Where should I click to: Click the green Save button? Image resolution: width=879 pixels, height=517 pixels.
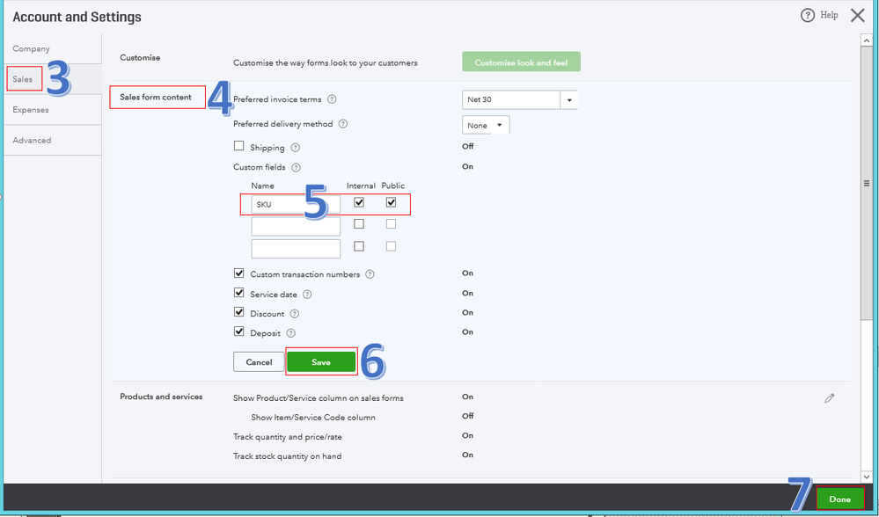click(x=321, y=362)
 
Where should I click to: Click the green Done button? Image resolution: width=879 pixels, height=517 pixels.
click(x=839, y=499)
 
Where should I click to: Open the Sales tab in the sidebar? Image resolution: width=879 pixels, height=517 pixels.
click(x=23, y=79)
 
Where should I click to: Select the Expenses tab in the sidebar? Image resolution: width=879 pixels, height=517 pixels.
click(x=31, y=110)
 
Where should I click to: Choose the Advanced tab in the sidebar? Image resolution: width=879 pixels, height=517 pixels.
click(x=32, y=140)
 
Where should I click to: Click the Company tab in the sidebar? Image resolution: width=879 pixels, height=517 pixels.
click(x=32, y=48)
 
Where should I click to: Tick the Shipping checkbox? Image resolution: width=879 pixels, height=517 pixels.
click(x=238, y=146)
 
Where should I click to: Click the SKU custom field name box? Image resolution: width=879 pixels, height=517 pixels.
click(x=296, y=205)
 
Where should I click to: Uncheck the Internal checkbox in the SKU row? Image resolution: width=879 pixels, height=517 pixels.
click(x=359, y=202)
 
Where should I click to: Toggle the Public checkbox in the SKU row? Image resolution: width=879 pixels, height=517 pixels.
click(x=392, y=202)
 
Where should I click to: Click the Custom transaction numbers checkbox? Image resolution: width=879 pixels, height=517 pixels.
click(x=238, y=273)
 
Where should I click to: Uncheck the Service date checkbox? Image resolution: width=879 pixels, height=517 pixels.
click(x=238, y=293)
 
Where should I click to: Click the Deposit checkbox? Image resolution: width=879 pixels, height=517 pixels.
click(x=238, y=331)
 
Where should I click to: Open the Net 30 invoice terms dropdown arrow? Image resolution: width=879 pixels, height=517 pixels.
click(x=569, y=99)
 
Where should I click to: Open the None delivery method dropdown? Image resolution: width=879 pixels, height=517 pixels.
click(x=486, y=125)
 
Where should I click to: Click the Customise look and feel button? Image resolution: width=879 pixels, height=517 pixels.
click(x=522, y=62)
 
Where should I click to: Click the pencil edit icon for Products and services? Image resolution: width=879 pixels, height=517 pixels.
click(x=830, y=398)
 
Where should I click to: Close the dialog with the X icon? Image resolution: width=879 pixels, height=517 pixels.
click(x=858, y=15)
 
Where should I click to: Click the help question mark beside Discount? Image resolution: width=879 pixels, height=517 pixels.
click(x=294, y=314)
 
